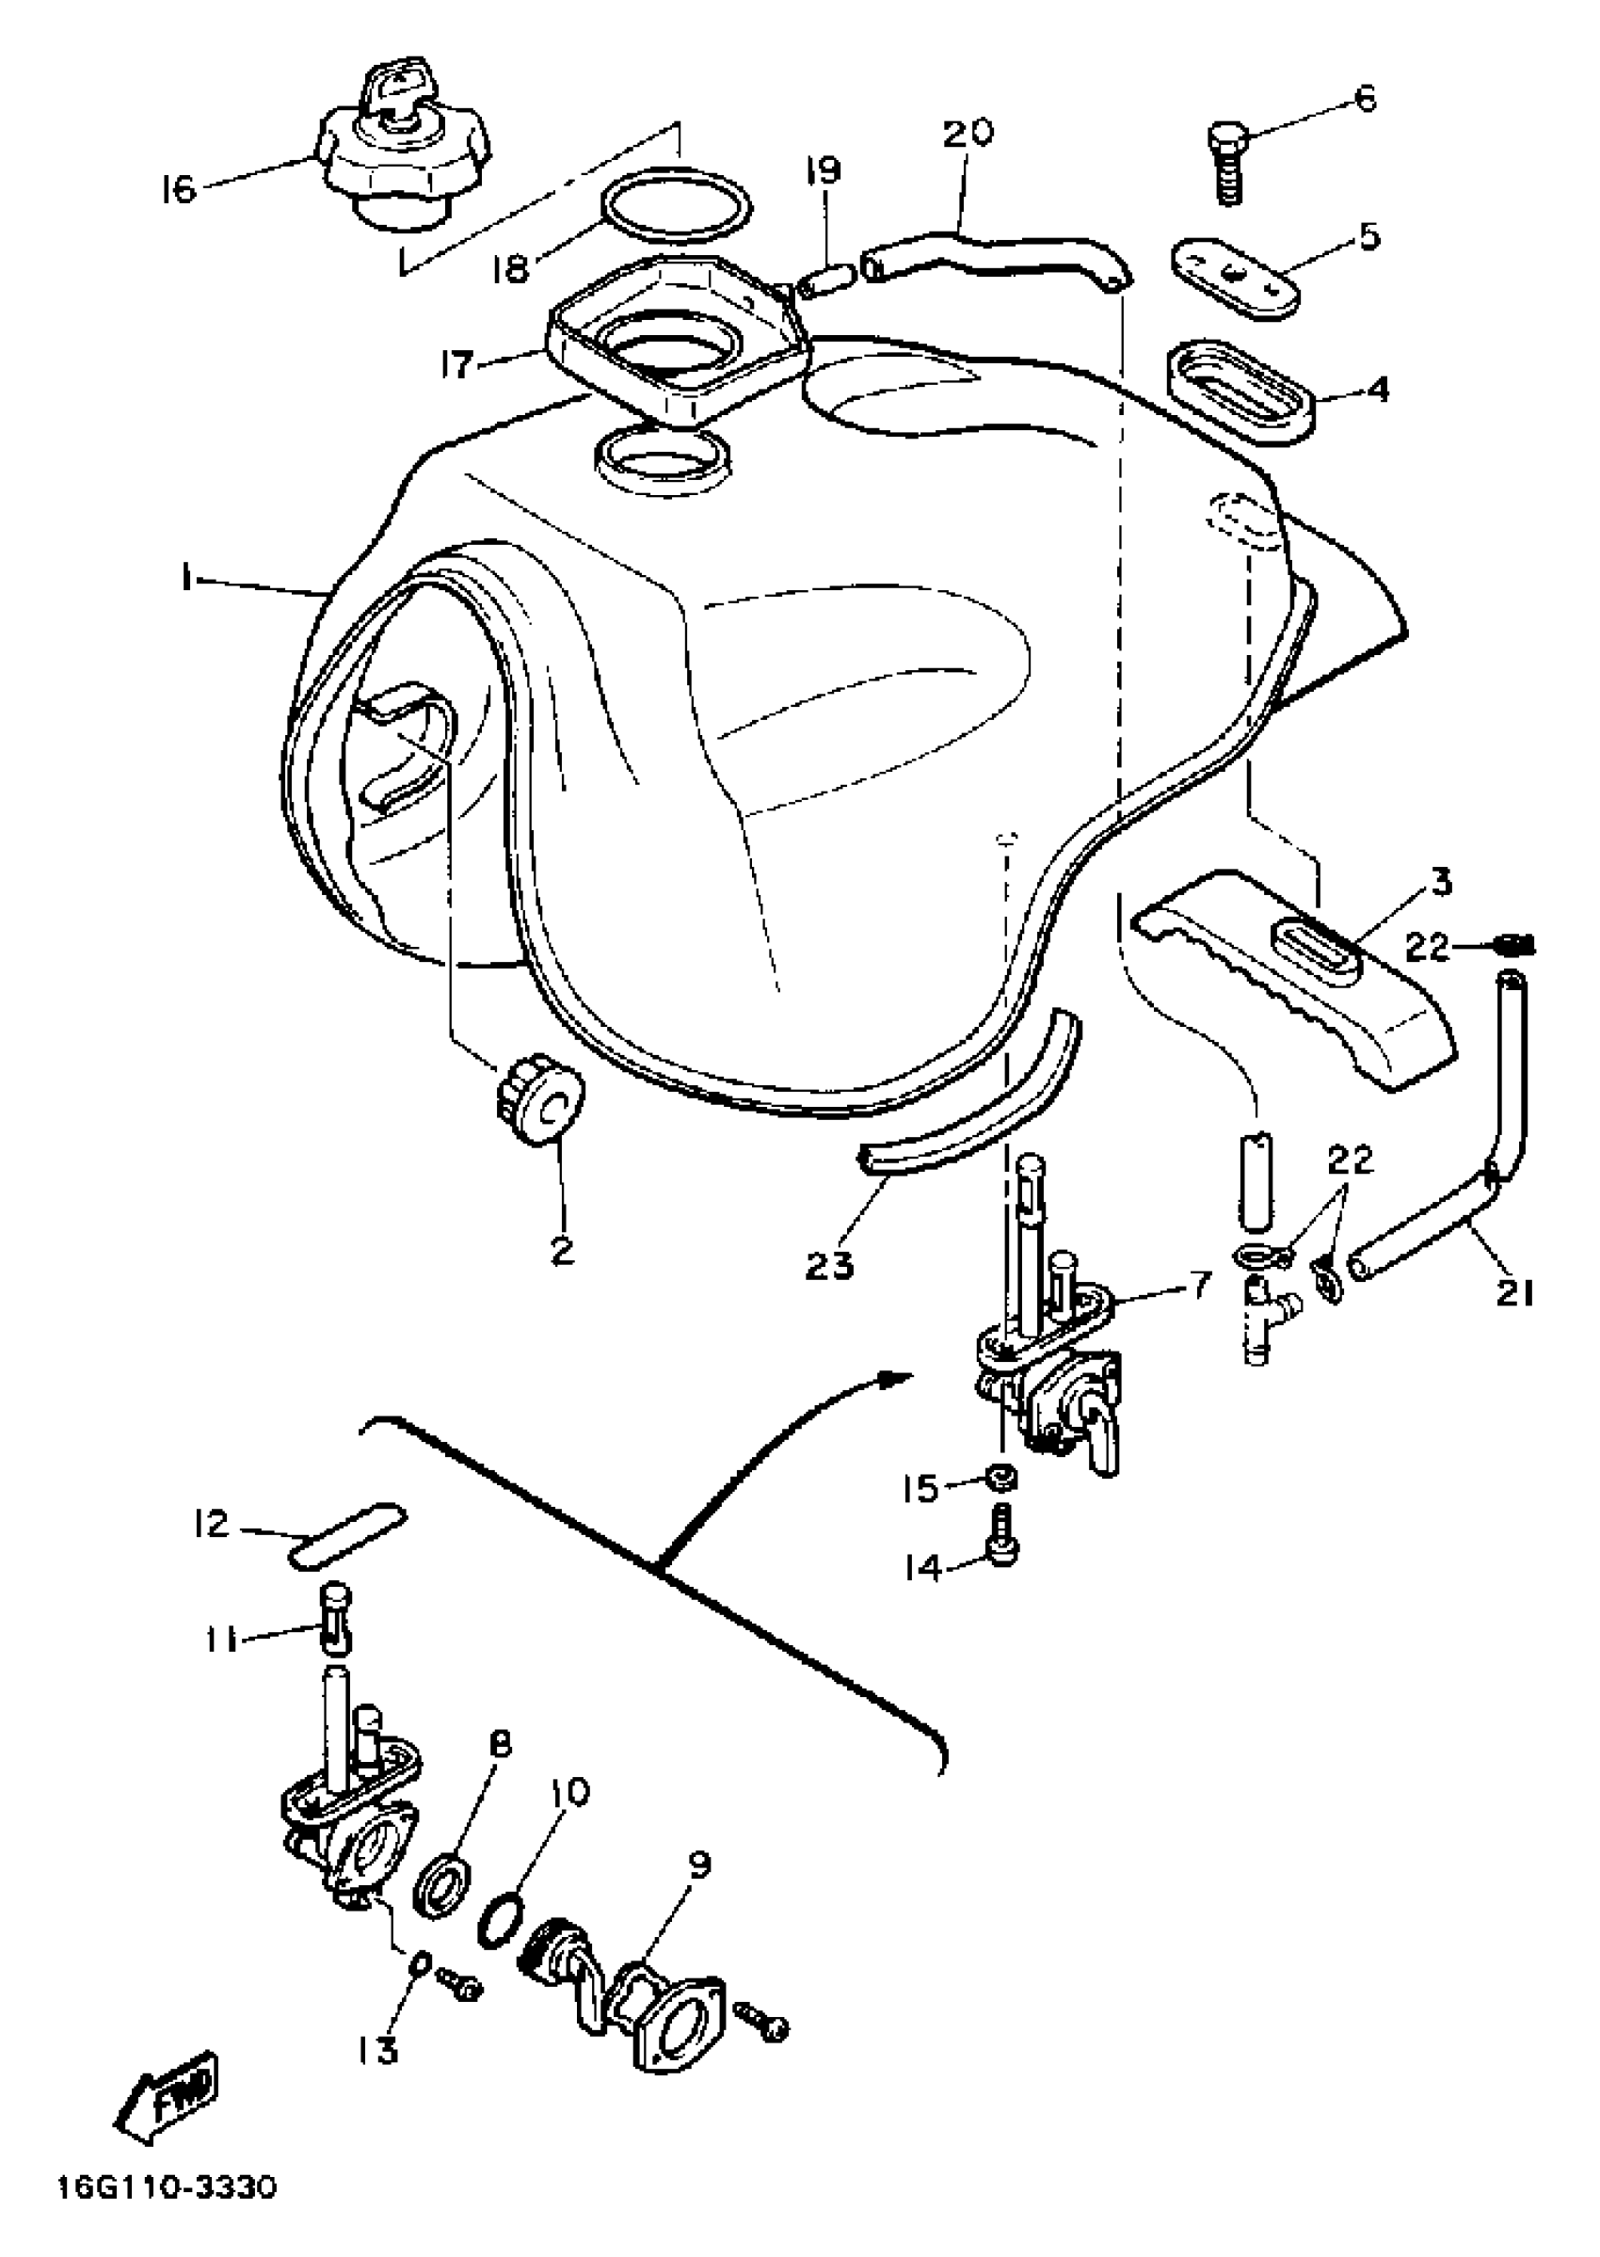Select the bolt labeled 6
[1226, 163]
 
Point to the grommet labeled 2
[539, 1104]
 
